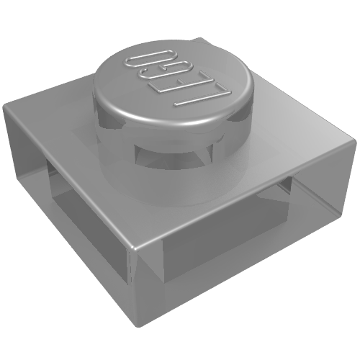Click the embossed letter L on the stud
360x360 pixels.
204,96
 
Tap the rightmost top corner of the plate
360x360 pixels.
354,140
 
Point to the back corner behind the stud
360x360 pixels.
199,38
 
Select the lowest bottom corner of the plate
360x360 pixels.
141,326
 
